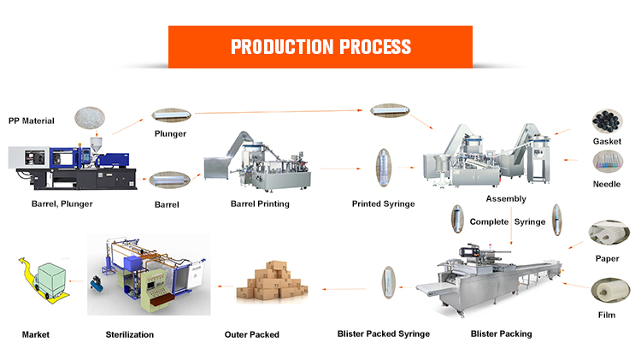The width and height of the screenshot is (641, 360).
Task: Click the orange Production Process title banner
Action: (320, 46)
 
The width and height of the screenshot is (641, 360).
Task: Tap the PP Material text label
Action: (36, 121)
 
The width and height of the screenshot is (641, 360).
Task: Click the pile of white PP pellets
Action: (92, 119)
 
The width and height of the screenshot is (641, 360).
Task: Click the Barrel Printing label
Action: (260, 204)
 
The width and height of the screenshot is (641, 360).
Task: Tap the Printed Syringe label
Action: (383, 204)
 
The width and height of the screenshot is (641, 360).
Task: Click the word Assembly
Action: (506, 198)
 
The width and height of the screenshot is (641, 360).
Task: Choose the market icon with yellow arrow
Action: (44, 279)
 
